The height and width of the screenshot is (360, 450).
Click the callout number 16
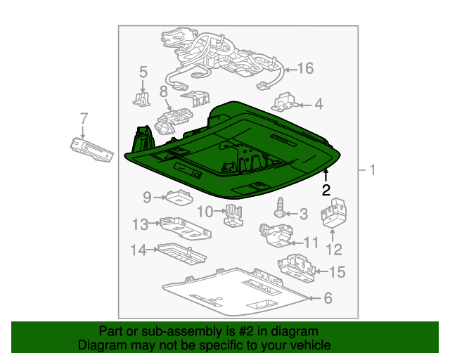point(306,69)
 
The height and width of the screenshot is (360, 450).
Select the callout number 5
point(143,72)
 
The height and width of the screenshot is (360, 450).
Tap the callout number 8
point(163,91)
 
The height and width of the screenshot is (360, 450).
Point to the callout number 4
point(319,104)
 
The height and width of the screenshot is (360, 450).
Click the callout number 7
point(84,119)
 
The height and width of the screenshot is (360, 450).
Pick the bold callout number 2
point(326,190)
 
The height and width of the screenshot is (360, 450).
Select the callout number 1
point(373,169)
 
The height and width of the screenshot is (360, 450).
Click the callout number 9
point(147,198)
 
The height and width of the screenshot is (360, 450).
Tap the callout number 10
point(205,212)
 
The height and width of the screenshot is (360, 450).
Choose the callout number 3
point(304,214)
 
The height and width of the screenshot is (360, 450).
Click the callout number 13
point(141,224)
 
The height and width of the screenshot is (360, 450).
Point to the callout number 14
point(139,250)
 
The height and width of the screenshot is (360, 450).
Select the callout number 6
point(328,298)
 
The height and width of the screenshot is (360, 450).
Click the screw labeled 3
point(279,207)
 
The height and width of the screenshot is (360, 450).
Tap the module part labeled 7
point(92,150)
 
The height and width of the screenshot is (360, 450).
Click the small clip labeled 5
point(141,98)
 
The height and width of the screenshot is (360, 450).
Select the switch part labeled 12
point(333,213)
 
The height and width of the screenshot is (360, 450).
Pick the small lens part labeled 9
point(179,197)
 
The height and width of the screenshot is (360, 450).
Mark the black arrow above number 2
point(326,176)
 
